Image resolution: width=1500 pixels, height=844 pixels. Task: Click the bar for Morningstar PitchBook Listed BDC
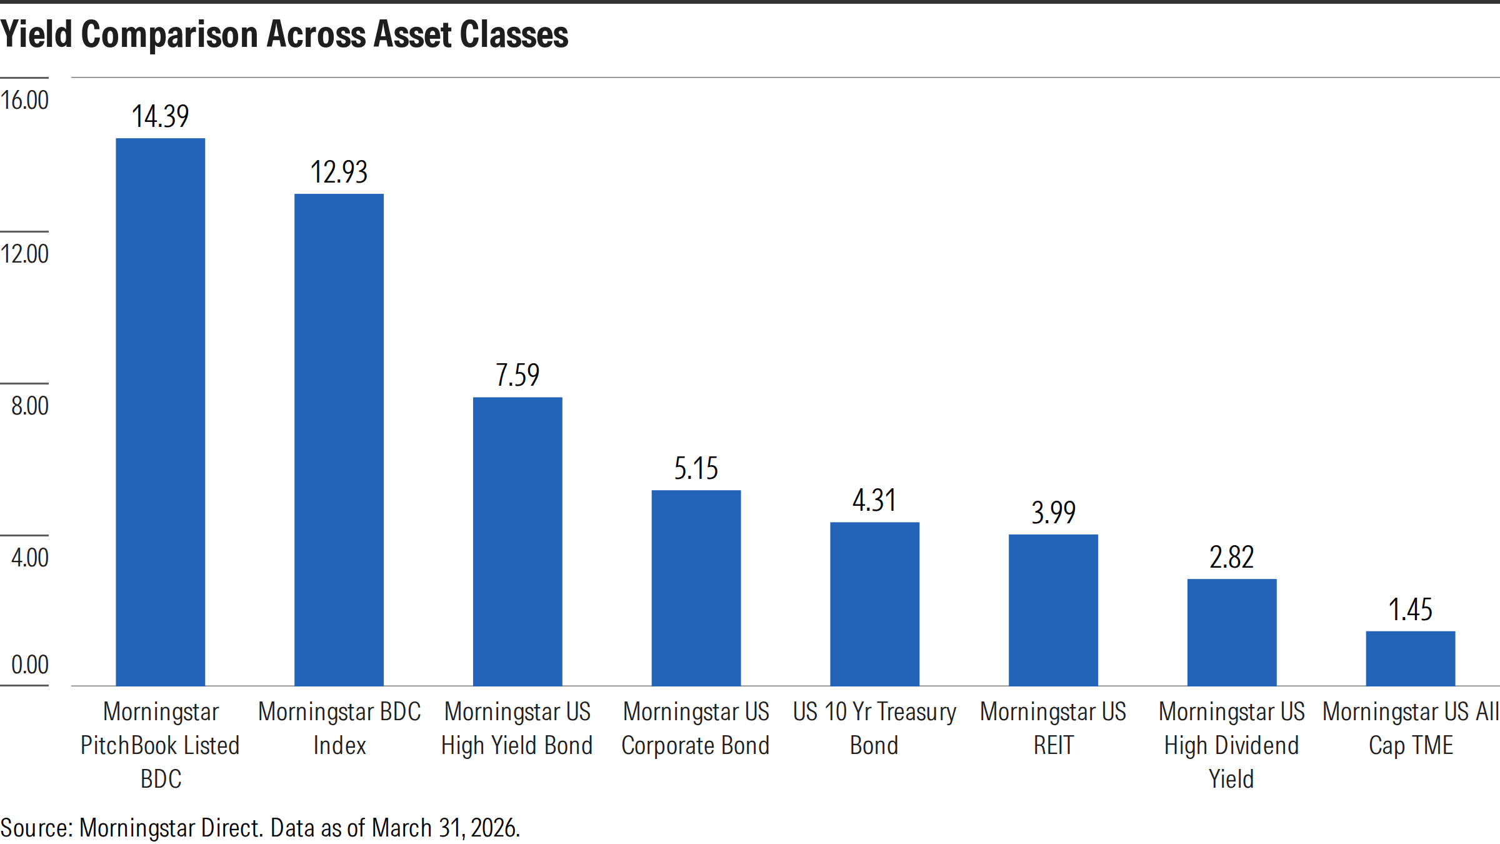tap(161, 412)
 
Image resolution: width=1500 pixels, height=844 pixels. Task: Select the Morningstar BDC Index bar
tap(339, 440)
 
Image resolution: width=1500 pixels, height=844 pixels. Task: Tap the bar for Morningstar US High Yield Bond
tap(517, 541)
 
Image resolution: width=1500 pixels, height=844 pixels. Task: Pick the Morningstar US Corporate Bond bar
tap(696, 588)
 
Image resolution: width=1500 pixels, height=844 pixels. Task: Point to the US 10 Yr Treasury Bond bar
tap(875, 604)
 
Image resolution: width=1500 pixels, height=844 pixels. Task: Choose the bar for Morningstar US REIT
tap(1053, 610)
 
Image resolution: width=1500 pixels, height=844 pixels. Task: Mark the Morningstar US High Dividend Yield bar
tap(1232, 632)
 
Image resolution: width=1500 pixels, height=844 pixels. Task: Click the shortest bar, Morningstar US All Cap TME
tap(1411, 658)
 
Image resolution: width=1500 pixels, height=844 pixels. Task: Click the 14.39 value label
tap(161, 116)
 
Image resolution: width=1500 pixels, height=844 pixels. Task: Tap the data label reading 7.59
tap(517, 375)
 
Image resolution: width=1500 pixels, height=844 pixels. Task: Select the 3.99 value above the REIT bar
tap(1053, 513)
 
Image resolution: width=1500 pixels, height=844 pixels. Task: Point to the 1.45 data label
tap(1411, 610)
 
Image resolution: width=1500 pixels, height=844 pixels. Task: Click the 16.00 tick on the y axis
tap(25, 100)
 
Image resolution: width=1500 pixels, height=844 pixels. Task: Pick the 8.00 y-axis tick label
tap(30, 406)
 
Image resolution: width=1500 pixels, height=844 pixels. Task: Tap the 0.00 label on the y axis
tap(30, 665)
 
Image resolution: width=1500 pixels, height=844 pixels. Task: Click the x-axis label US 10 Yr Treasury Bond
tap(874, 728)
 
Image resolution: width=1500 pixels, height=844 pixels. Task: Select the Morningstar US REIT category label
tap(1053, 728)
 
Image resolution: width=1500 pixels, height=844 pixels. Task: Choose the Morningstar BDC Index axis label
tap(339, 728)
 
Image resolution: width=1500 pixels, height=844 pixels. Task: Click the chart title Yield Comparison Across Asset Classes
tap(284, 34)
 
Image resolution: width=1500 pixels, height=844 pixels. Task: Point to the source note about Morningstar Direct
tap(260, 828)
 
